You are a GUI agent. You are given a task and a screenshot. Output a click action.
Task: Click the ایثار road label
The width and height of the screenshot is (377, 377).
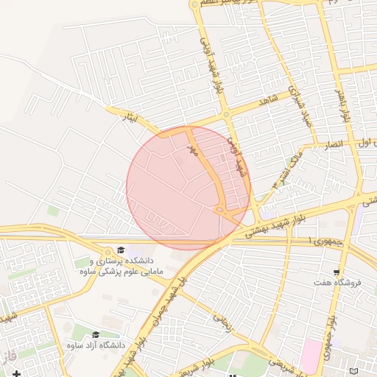pos(129,116)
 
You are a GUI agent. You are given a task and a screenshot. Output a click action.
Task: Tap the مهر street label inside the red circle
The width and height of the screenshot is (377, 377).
pos(192,149)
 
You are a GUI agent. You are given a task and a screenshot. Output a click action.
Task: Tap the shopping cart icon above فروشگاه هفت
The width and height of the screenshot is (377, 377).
pos(337,272)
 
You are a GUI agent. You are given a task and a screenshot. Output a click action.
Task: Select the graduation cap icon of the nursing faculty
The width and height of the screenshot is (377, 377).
pos(120,250)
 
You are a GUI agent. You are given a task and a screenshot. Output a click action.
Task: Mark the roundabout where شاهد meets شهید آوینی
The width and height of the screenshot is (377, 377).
pos(226,115)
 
